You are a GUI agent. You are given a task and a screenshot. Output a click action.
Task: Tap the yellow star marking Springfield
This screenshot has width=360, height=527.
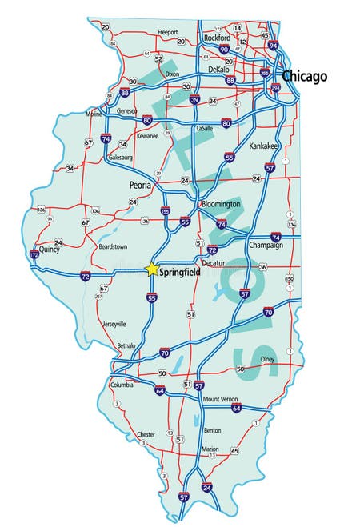pyautogui.click(x=150, y=269)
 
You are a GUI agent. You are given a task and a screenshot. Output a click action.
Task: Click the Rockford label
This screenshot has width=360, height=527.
pyautogui.click(x=217, y=38)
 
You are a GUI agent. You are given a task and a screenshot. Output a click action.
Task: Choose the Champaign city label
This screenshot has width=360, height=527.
pyautogui.click(x=266, y=245)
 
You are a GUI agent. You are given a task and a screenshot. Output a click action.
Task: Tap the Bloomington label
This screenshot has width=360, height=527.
pyautogui.click(x=219, y=204)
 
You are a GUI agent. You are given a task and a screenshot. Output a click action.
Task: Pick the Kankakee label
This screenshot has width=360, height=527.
pyautogui.click(x=263, y=146)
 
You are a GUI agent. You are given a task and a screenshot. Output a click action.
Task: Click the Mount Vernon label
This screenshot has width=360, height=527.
pyautogui.click(x=222, y=399)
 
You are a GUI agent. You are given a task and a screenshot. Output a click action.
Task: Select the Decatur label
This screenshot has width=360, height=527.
pyautogui.click(x=214, y=262)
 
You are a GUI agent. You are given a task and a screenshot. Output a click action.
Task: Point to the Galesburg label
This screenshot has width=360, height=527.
pyautogui.click(x=120, y=158)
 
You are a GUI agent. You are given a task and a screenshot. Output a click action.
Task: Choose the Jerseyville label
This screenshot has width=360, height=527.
pyautogui.click(x=114, y=324)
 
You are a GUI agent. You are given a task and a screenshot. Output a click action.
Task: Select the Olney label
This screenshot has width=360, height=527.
pyautogui.click(x=267, y=359)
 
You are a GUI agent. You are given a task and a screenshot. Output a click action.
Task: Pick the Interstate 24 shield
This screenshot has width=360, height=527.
pyautogui.click(x=206, y=486)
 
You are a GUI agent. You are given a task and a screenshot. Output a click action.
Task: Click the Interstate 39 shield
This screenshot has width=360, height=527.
pyautogui.click(x=194, y=99)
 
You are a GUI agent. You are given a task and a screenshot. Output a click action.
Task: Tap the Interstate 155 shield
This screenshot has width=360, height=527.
pyautogui.click(x=166, y=211)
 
